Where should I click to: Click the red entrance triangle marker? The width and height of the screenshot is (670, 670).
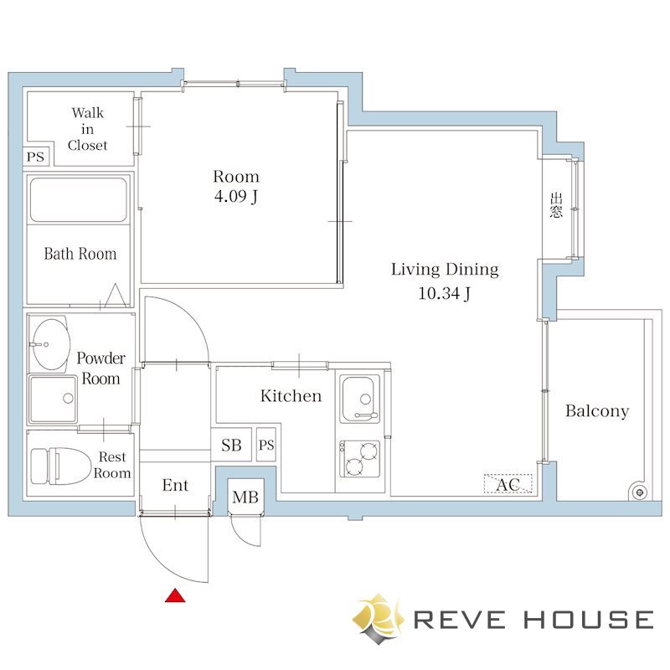point(175,595)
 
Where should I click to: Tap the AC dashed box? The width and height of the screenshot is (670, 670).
point(508,484)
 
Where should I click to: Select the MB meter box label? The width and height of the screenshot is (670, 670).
point(245,497)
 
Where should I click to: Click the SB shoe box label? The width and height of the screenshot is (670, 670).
point(231,446)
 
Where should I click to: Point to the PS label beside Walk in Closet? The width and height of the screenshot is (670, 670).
point(35,157)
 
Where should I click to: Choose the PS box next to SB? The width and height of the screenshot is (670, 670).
point(266,446)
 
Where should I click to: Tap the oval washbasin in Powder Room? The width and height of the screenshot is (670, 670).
point(50,344)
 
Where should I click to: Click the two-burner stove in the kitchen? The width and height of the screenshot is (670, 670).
point(359,458)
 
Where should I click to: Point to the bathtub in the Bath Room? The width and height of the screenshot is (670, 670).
point(79,200)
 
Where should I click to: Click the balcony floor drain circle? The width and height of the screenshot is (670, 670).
point(640,492)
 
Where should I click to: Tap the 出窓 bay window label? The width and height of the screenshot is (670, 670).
point(556,205)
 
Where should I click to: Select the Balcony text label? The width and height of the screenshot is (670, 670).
point(597,411)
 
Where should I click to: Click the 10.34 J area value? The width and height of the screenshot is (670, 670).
point(445,293)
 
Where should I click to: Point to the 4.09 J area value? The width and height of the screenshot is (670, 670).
point(236,197)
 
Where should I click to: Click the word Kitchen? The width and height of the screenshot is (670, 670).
point(291,395)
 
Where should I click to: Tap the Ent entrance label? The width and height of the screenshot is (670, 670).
point(175,486)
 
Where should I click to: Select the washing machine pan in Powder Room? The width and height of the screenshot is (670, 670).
point(53,399)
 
